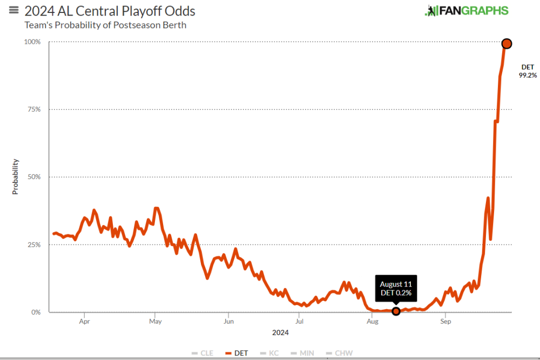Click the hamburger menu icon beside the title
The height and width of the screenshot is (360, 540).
coord(14,10)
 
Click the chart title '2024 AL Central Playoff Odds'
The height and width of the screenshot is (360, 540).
coord(110,11)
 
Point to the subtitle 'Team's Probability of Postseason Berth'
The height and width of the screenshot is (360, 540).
coord(105,25)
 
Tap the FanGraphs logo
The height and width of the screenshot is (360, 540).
coord(467,11)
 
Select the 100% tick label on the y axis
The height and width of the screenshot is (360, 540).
coord(33,42)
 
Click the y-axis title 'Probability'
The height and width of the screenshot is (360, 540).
coord(15,176)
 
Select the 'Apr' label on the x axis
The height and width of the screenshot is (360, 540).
coord(84,322)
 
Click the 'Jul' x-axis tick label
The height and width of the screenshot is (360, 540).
coord(299,322)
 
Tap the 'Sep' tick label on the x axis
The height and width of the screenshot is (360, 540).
coord(446,322)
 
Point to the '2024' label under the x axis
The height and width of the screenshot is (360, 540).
coord(280,332)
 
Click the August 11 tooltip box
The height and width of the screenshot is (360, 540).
coord(395,288)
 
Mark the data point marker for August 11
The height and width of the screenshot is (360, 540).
coord(396,311)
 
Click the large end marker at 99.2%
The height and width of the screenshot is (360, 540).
coord(507,44)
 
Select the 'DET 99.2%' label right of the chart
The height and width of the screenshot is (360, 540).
coord(528,71)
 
